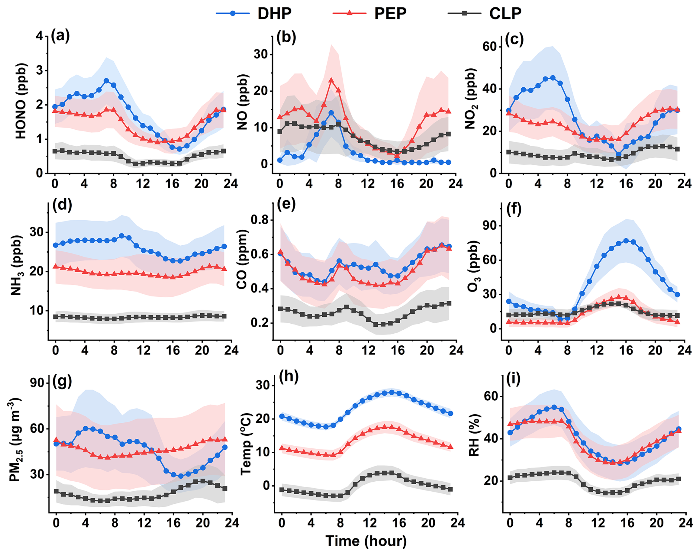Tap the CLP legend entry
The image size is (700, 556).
(x=484, y=13)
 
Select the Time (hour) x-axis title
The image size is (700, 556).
(x=366, y=541)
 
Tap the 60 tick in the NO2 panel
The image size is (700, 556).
(x=490, y=47)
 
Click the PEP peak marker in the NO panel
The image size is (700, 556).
(x=331, y=80)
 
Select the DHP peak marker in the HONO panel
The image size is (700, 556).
(x=106, y=81)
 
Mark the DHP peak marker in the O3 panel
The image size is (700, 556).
(x=626, y=241)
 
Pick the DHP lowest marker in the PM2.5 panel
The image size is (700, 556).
(x=181, y=476)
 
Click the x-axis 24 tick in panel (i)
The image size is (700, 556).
(x=685, y=523)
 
